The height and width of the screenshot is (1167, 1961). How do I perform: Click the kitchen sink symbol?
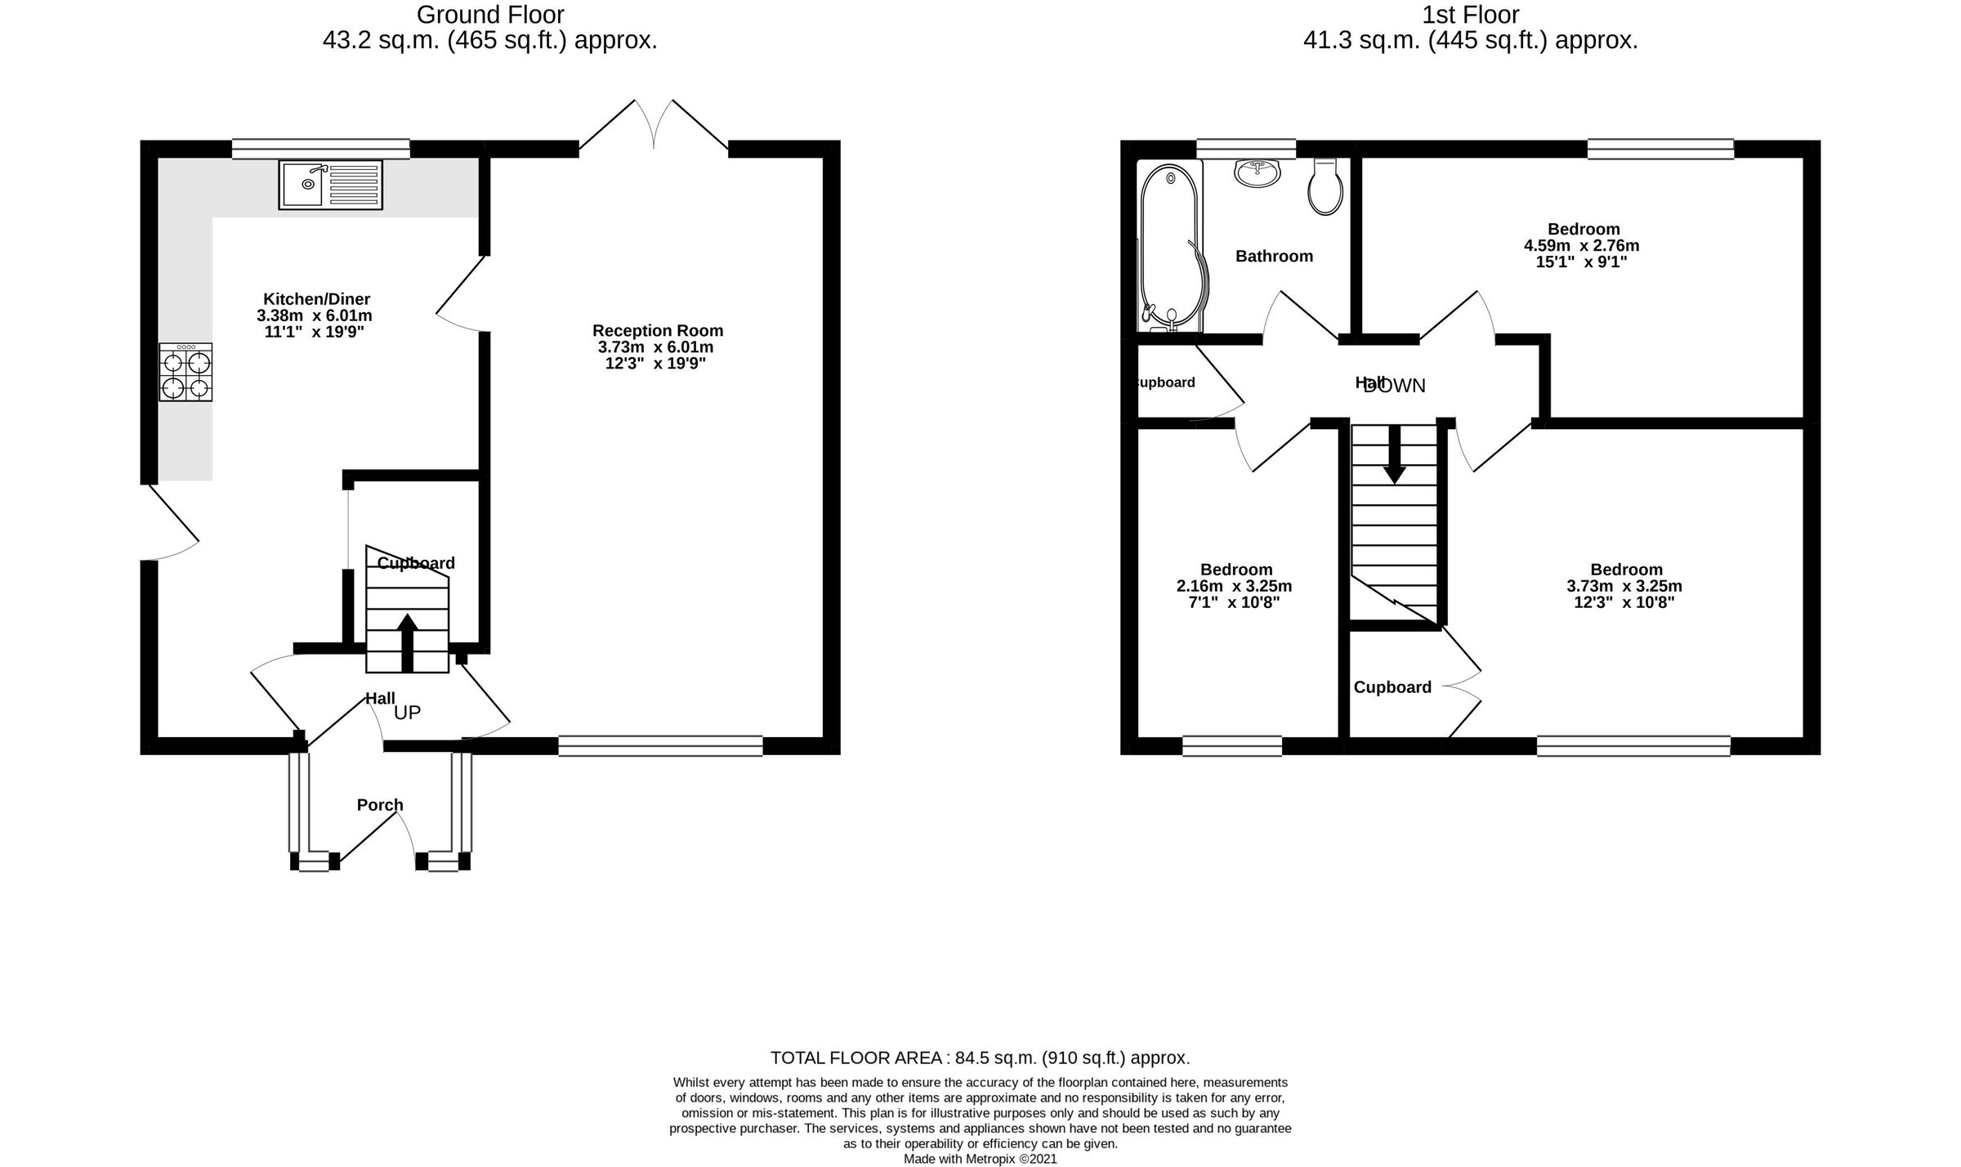[x=330, y=185]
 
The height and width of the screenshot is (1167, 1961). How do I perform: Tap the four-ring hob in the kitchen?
[x=185, y=372]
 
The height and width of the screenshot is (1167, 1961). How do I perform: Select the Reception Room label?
[x=658, y=331]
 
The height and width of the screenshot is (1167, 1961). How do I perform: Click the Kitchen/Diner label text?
[x=316, y=299]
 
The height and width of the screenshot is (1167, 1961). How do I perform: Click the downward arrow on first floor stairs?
[x=1394, y=454]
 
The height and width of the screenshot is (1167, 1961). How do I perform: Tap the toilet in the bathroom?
[x=1325, y=188]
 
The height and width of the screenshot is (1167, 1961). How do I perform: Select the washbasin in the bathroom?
[x=1257, y=172]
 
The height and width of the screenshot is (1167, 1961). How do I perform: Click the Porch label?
[x=380, y=805]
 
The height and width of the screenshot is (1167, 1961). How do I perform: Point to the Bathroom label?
[x=1274, y=257]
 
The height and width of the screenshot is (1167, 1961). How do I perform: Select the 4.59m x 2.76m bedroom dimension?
[x=1582, y=246]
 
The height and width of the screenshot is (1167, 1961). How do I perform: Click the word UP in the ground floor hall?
[x=408, y=713]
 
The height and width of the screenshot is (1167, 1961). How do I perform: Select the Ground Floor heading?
[x=490, y=15]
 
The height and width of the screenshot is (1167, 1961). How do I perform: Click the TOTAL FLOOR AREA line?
[x=980, y=1058]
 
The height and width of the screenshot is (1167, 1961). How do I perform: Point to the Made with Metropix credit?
[x=980, y=1159]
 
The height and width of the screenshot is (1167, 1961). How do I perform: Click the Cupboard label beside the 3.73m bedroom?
[x=1392, y=687]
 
